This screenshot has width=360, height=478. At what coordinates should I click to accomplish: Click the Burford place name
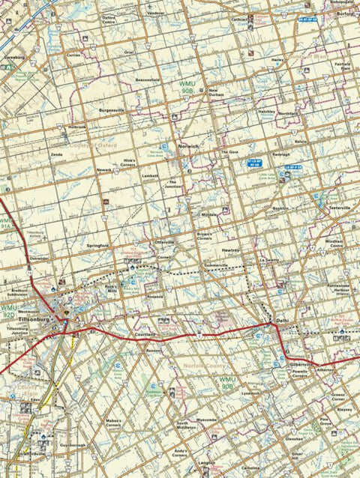(344, 13)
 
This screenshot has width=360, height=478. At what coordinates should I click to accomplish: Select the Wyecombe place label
(206, 419)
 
